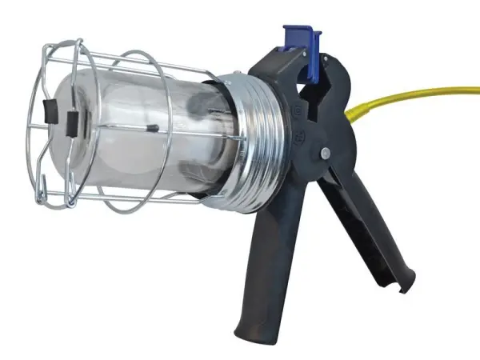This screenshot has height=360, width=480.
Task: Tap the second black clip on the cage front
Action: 73,122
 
